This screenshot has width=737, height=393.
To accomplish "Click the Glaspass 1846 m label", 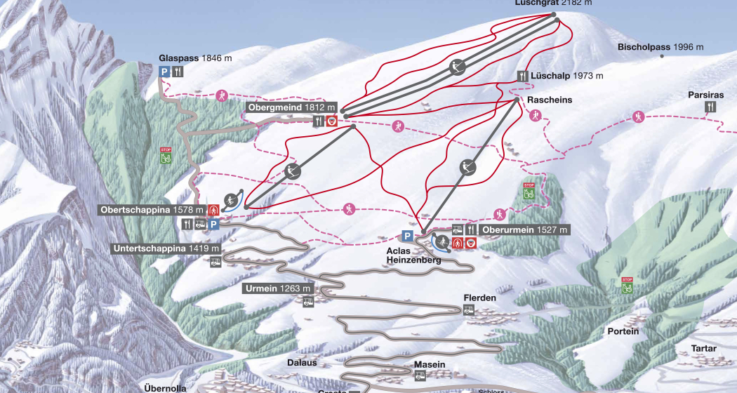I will point(195,58).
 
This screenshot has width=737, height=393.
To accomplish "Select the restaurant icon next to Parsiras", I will point(712,106).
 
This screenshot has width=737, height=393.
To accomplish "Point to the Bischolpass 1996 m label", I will point(660,47).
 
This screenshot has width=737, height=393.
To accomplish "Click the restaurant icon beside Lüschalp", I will point(522,76).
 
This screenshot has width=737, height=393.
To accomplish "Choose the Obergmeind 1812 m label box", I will point(291,108).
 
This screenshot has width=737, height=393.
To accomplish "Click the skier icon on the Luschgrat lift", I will point(458,67).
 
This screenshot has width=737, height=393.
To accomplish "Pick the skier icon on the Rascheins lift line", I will point(465,167).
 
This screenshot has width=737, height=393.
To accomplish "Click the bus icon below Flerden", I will point(469,310).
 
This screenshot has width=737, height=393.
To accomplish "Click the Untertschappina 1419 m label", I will point(165,248).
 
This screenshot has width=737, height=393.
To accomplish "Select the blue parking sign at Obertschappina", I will point(213,225).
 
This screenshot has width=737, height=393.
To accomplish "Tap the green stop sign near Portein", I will point(627,285).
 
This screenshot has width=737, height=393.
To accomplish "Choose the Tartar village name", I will point(703,348).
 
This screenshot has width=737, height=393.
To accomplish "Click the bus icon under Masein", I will point(420,376).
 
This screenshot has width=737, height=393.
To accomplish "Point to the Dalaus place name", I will point(303,363).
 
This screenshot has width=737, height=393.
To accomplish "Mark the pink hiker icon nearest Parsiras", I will point(637,116).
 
